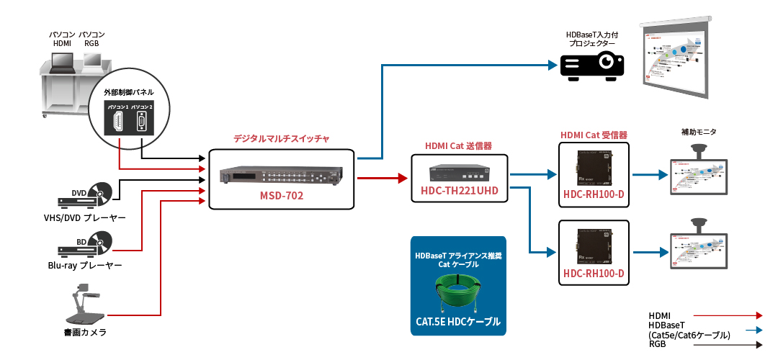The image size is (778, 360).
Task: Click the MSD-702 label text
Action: [280, 196]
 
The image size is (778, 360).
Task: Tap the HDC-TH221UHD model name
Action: [459, 191]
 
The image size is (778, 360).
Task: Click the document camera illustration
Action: [85, 305]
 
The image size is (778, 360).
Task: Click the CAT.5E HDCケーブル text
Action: [457, 322]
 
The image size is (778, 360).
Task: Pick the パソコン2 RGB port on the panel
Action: [141, 122]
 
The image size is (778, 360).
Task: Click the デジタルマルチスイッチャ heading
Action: [281, 138]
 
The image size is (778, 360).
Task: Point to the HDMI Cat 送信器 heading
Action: [458, 145]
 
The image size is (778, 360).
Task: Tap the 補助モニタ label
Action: [698, 132]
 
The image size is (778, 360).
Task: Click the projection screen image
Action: [674, 59]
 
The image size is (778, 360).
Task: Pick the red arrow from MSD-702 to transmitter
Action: [383, 177]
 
